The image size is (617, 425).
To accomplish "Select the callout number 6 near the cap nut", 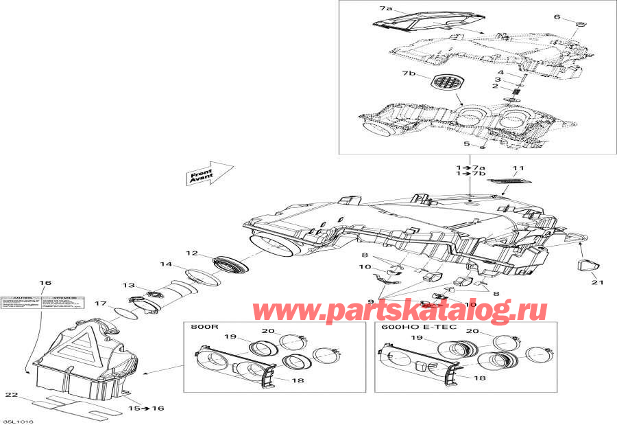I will (x=557, y=16).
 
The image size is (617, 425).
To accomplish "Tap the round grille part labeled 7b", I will (x=444, y=87).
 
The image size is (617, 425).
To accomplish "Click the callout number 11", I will (x=518, y=168).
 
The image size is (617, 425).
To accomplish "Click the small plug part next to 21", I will (x=588, y=265).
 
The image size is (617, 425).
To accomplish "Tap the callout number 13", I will (x=128, y=286).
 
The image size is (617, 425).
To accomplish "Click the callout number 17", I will (x=100, y=303).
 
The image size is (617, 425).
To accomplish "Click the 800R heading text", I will (x=201, y=328).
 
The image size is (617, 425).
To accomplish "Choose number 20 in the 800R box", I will (x=268, y=331).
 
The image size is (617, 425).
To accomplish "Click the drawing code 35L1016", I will (x=18, y=420).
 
